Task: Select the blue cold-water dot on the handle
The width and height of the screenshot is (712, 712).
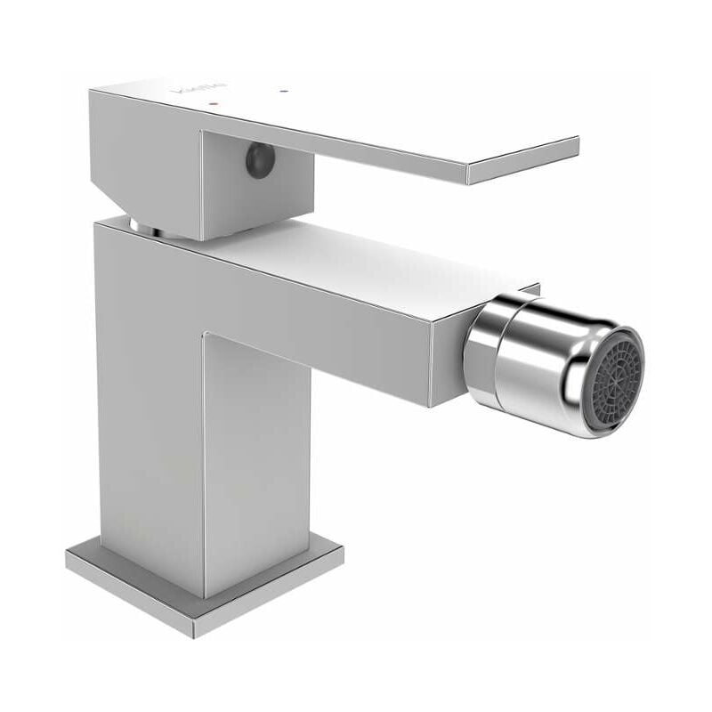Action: [x=282, y=91]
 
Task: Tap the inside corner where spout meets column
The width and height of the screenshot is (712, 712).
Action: [x=206, y=336]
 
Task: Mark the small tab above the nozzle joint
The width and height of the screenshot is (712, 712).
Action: [x=529, y=290]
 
